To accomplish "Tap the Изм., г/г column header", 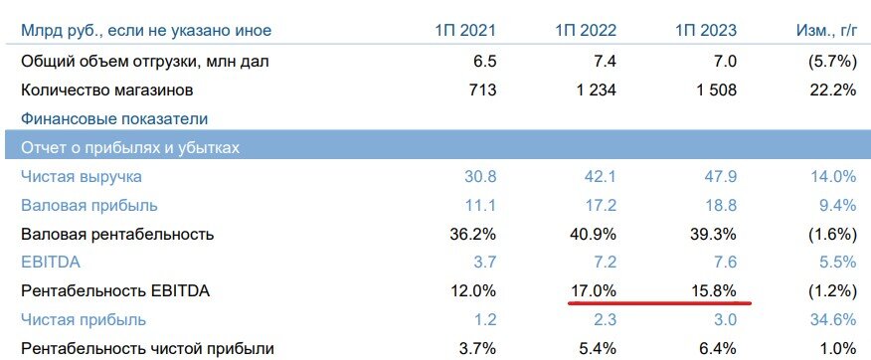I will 821,31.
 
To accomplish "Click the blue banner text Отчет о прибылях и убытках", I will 131,147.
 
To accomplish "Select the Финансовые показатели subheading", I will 114,118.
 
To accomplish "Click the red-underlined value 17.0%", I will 595,291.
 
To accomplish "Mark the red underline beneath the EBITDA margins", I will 659,304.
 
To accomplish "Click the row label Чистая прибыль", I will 84,320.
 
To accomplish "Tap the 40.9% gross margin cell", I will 595,234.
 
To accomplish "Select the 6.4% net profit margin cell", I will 718,348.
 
